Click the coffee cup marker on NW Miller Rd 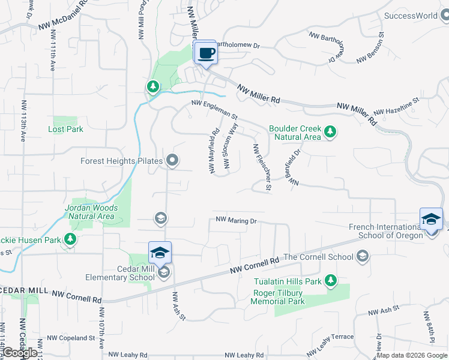point(205,53)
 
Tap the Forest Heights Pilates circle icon point(173,160)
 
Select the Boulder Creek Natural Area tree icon point(330,131)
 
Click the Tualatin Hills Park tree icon point(330,280)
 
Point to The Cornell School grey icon point(362,257)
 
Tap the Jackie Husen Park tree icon point(70,240)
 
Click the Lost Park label point(65,129)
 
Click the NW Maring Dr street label point(236,221)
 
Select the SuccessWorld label point(411,16)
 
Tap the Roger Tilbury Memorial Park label point(278,297)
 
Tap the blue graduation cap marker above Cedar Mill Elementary point(160,253)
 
